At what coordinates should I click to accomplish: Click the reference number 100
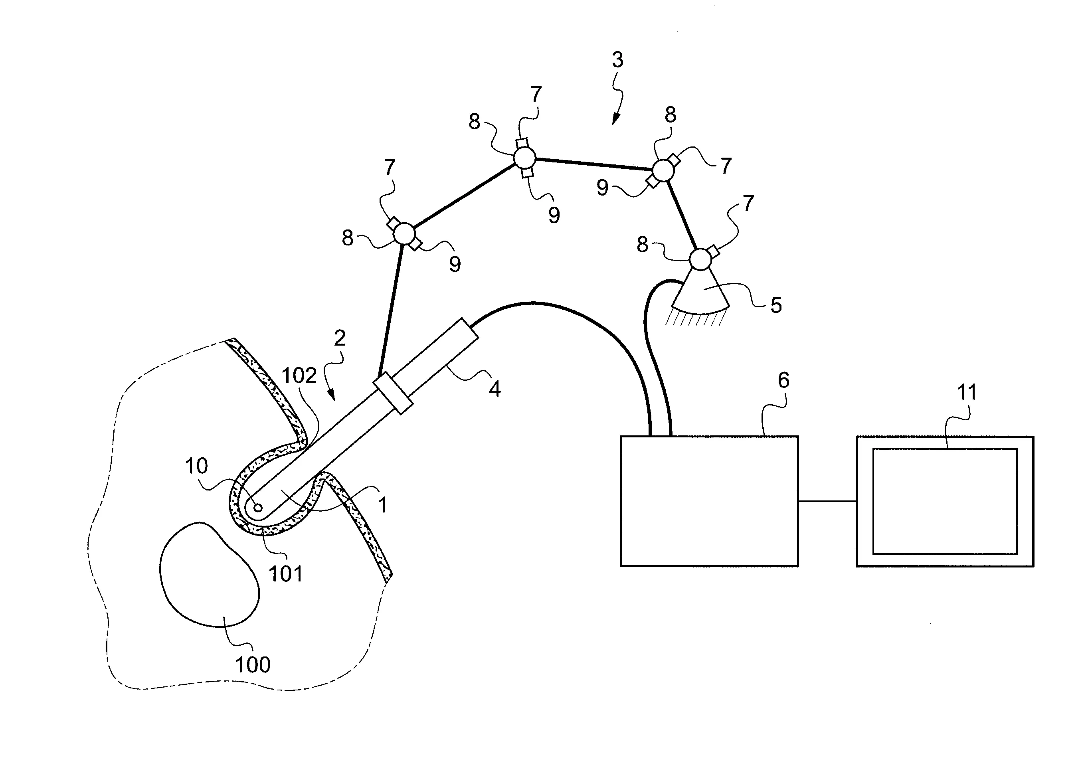click(x=253, y=665)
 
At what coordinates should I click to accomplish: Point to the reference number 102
click(x=299, y=376)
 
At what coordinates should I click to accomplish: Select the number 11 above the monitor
click(x=967, y=392)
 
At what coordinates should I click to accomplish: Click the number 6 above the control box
click(x=783, y=380)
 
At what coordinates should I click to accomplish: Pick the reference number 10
click(x=196, y=466)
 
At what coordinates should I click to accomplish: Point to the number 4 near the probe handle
click(x=495, y=389)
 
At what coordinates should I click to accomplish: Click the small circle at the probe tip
click(x=258, y=508)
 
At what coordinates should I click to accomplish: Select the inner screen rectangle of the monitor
click(x=945, y=501)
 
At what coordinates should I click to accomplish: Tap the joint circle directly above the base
click(x=701, y=259)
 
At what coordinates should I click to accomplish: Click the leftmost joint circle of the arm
click(x=404, y=233)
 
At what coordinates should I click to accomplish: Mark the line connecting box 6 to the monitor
click(x=827, y=501)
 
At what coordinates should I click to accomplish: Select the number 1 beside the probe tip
click(x=382, y=505)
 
